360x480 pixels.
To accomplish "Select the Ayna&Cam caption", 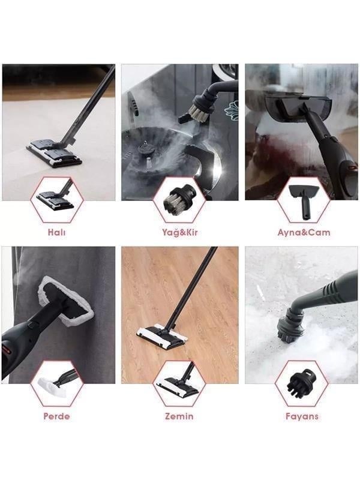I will point(304,232).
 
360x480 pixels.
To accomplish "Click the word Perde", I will point(56,416).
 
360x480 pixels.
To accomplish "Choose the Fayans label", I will point(301,416).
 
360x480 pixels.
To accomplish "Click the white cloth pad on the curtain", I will point(65,300).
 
